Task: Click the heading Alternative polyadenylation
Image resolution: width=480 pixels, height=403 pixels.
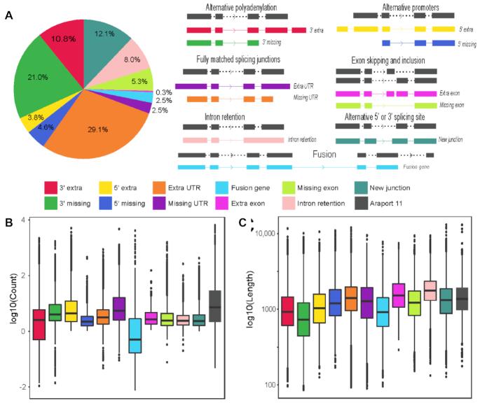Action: (240, 7)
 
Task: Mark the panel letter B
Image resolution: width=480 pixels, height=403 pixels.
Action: (9, 223)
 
